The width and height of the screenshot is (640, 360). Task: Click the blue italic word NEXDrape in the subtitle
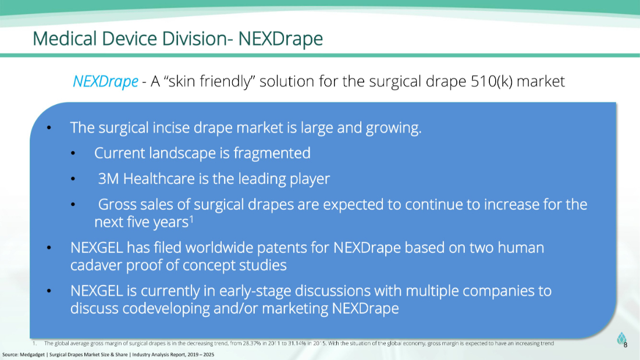pos(105,81)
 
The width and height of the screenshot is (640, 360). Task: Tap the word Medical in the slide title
pos(65,39)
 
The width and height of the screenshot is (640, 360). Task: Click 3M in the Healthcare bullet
pos(108,179)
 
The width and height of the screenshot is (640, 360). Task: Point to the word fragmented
pos(272,154)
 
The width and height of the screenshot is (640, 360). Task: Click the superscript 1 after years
pos(191,219)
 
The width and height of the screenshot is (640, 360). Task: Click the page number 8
pos(625,345)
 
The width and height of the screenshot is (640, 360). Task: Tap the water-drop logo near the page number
pos(621,338)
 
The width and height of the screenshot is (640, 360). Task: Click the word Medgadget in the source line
pos(32,355)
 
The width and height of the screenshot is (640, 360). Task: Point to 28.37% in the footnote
pos(252,343)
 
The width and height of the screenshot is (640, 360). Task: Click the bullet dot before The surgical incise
pos(49,128)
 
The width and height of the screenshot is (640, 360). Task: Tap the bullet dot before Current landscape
pos(73,154)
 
